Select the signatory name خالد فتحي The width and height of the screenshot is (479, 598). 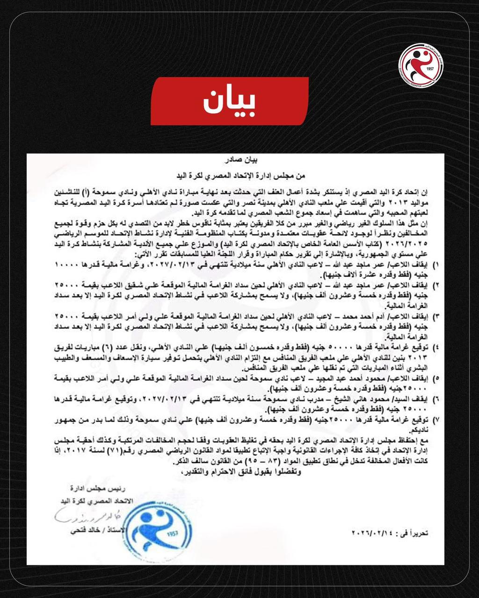click(78, 532)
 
